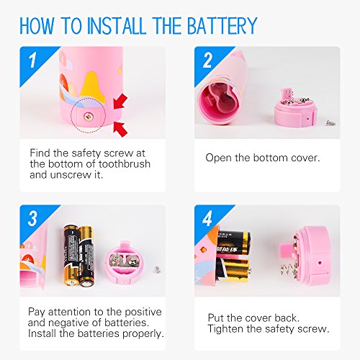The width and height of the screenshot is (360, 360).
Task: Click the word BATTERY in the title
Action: [222, 26]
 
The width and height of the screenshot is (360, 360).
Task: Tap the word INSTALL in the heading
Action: [116, 26]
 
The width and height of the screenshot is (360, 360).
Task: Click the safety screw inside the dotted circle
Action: [88, 117]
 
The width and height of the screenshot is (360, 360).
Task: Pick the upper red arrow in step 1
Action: [120, 102]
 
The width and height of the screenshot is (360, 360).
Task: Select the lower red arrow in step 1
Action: [120, 129]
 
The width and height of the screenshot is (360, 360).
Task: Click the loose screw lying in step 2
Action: [331, 123]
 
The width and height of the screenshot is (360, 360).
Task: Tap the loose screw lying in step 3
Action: [157, 269]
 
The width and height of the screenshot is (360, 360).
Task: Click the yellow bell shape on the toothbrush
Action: [91, 87]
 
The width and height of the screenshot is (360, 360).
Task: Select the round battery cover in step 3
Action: [125, 263]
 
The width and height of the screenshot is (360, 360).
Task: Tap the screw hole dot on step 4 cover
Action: [320, 263]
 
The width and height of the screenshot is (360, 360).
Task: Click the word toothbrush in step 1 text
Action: [125, 163]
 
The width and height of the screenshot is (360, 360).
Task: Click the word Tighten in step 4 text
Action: [225, 329]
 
